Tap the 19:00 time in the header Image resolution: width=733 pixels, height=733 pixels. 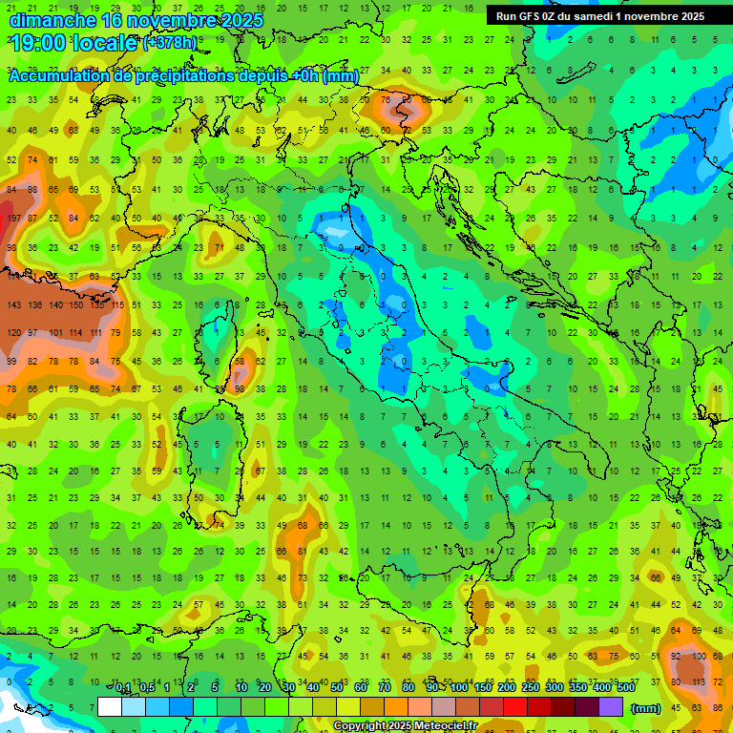click(x=38, y=43)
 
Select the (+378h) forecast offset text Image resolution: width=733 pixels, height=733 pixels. click(x=170, y=43)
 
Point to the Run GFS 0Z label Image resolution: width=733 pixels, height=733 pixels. click(x=531, y=16)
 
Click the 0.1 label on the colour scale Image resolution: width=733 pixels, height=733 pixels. click(x=122, y=688)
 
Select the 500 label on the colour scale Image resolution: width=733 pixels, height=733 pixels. click(x=625, y=688)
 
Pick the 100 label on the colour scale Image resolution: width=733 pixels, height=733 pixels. click(x=460, y=688)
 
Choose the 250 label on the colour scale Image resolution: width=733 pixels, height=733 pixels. click(x=531, y=688)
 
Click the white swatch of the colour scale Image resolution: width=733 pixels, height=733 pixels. click(x=109, y=707)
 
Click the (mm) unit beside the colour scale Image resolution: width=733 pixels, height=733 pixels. click(x=646, y=708)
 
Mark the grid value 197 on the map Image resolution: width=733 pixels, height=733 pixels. click(x=13, y=220)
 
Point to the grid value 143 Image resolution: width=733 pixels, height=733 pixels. click(x=13, y=305)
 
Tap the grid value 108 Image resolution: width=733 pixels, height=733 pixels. click(x=702, y=656)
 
